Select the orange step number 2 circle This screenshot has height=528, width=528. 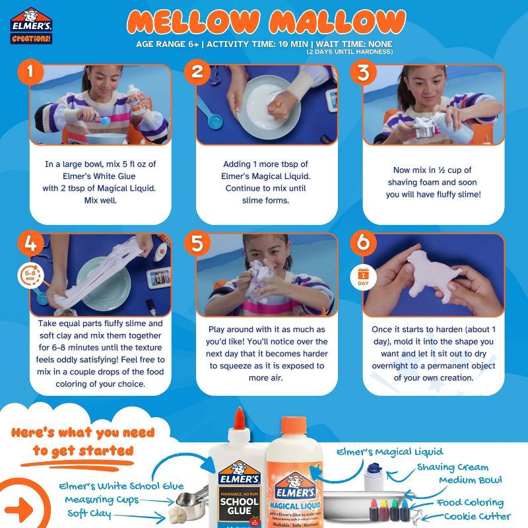point(197,73)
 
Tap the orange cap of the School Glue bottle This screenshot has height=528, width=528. point(239,420)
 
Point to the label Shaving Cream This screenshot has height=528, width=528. point(453,467)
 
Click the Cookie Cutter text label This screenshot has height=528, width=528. point(477,516)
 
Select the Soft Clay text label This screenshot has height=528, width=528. point(92,513)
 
